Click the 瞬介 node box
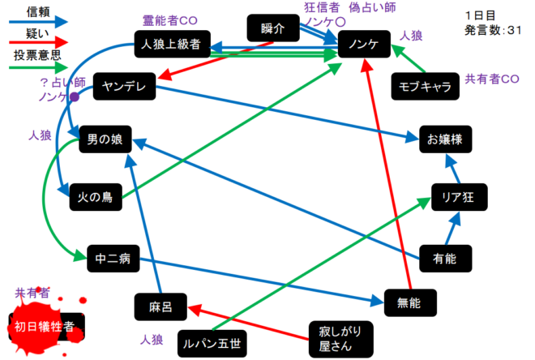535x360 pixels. point(273,28)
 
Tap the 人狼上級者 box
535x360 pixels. point(170,45)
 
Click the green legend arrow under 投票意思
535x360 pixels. point(32,68)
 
